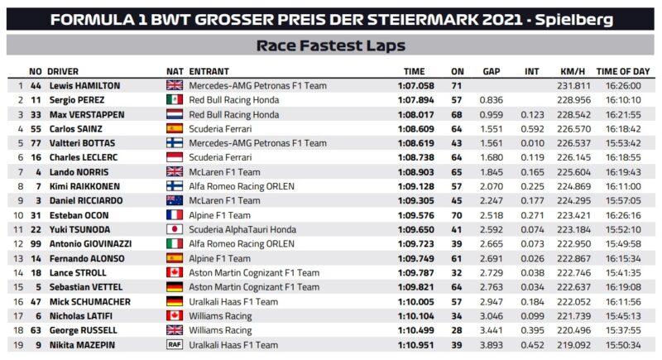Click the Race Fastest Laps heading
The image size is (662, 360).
tap(330, 45)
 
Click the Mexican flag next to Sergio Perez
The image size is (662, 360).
tap(175, 98)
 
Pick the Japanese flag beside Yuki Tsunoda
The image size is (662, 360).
tap(175, 229)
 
